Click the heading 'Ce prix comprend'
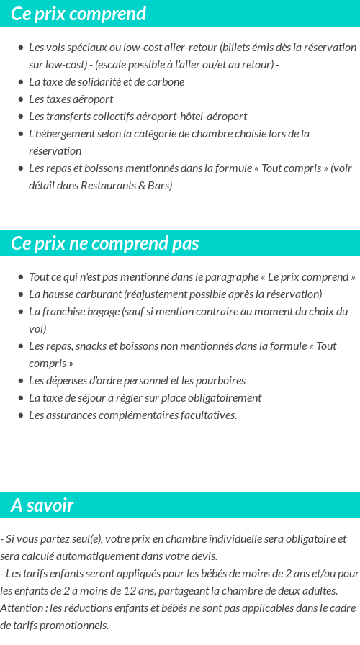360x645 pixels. [x=78, y=14]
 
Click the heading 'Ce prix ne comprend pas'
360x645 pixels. [x=105, y=243]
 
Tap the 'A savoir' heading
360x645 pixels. [x=42, y=505]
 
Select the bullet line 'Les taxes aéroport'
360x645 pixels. [x=71, y=99]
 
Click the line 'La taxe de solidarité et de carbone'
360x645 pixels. [x=107, y=81]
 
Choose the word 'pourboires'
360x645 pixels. [x=219, y=380]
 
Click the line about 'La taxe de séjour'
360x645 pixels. [x=145, y=397]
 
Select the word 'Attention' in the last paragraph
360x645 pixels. [x=21, y=608]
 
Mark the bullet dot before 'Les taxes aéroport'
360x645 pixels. [x=21, y=99]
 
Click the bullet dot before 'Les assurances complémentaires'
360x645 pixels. [x=21, y=415]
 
